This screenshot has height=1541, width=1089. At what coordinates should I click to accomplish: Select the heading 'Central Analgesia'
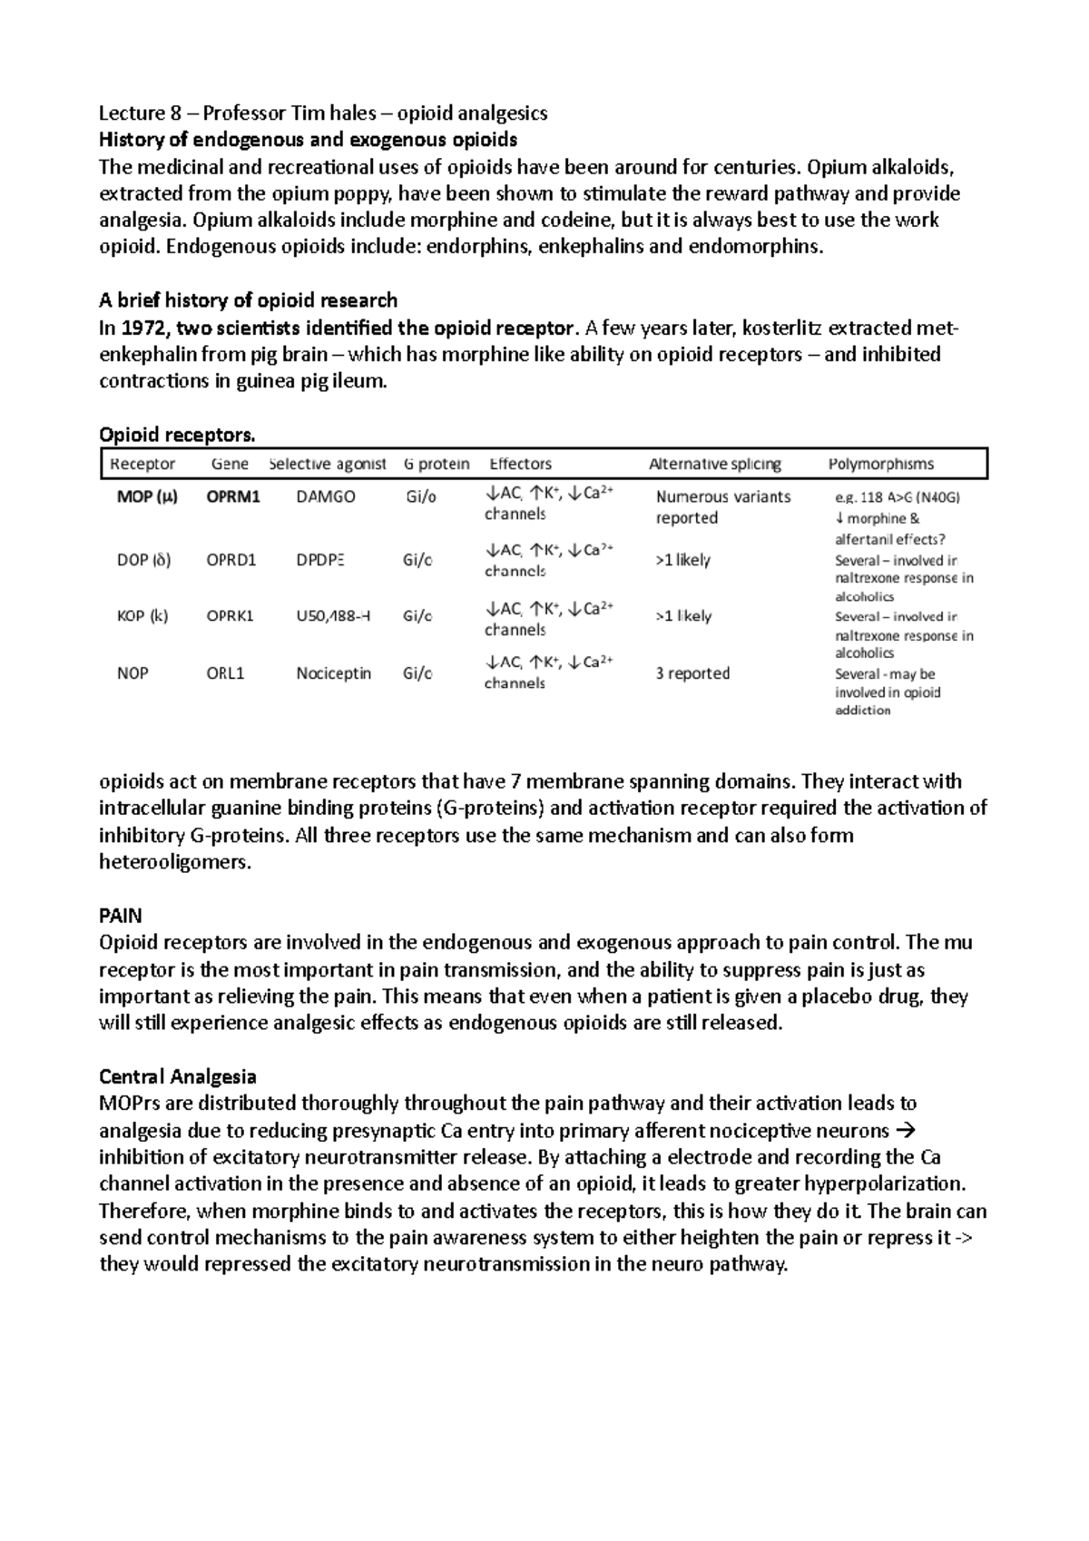coord(177,1077)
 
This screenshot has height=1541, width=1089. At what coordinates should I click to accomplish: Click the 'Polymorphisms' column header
coord(880,465)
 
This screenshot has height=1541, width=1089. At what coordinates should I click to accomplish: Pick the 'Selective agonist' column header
coord(328,465)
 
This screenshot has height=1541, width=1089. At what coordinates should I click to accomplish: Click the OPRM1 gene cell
coord(233,497)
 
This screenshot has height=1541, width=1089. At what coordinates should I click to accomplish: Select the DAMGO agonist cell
coord(326,497)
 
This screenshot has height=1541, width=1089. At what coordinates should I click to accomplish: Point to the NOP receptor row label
coord(132,673)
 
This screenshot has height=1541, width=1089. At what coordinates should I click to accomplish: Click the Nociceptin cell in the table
coord(333,673)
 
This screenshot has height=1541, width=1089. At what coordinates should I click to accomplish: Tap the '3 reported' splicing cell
coord(692,673)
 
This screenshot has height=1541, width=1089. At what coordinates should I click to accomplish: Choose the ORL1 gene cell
coord(225,673)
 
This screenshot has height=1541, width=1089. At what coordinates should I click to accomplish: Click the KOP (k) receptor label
coord(142,616)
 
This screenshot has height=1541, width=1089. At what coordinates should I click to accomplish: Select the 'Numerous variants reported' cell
coord(722,507)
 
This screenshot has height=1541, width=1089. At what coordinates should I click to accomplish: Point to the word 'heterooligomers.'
coord(174,862)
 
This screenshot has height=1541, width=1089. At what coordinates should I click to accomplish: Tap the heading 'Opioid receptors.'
coord(177,436)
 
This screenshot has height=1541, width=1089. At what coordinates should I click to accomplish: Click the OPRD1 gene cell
coord(231,560)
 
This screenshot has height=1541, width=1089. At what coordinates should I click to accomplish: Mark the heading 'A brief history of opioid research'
coord(248,300)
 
